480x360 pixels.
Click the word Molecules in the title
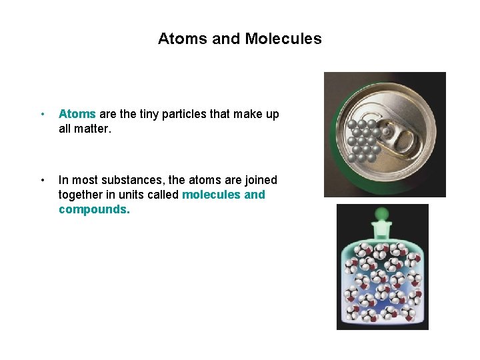[x=283, y=39]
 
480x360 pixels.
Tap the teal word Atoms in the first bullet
[x=77, y=114]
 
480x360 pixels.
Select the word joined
[x=260, y=180]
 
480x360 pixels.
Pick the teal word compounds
[x=94, y=209]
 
